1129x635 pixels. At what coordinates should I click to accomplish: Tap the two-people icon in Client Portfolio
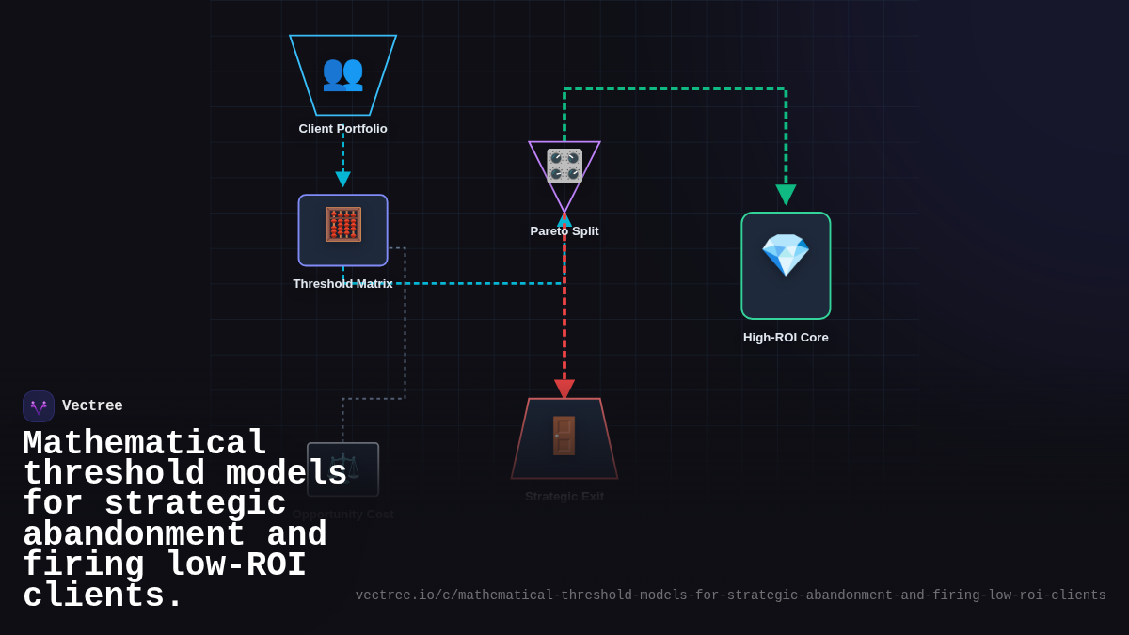click(342, 72)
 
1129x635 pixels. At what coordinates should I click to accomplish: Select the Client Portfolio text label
click(342, 129)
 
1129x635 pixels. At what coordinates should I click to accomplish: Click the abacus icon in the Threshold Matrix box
click(342, 225)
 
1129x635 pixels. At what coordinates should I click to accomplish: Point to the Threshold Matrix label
click(342, 284)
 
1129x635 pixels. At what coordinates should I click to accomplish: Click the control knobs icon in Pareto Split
click(564, 165)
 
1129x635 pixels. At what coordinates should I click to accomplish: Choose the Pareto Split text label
click(564, 231)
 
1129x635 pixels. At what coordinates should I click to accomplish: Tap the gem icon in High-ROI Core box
click(786, 255)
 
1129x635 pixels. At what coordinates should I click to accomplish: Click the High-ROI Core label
click(786, 338)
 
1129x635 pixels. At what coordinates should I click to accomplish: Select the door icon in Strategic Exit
click(564, 436)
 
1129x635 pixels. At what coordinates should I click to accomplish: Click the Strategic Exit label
click(564, 497)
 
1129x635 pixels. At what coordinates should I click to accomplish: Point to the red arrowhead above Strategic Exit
click(564, 389)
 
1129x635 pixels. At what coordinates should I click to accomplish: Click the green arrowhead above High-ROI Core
click(786, 195)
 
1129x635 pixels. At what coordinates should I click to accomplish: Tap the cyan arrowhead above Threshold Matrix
click(342, 179)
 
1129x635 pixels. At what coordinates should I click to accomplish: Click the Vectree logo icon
click(39, 406)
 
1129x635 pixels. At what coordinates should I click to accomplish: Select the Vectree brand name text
click(92, 406)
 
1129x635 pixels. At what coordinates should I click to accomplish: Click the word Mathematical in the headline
click(145, 443)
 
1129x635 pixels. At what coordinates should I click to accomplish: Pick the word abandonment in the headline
click(134, 535)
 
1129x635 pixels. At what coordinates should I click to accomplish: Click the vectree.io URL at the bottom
click(730, 595)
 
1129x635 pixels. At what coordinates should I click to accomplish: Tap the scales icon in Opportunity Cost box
click(343, 468)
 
